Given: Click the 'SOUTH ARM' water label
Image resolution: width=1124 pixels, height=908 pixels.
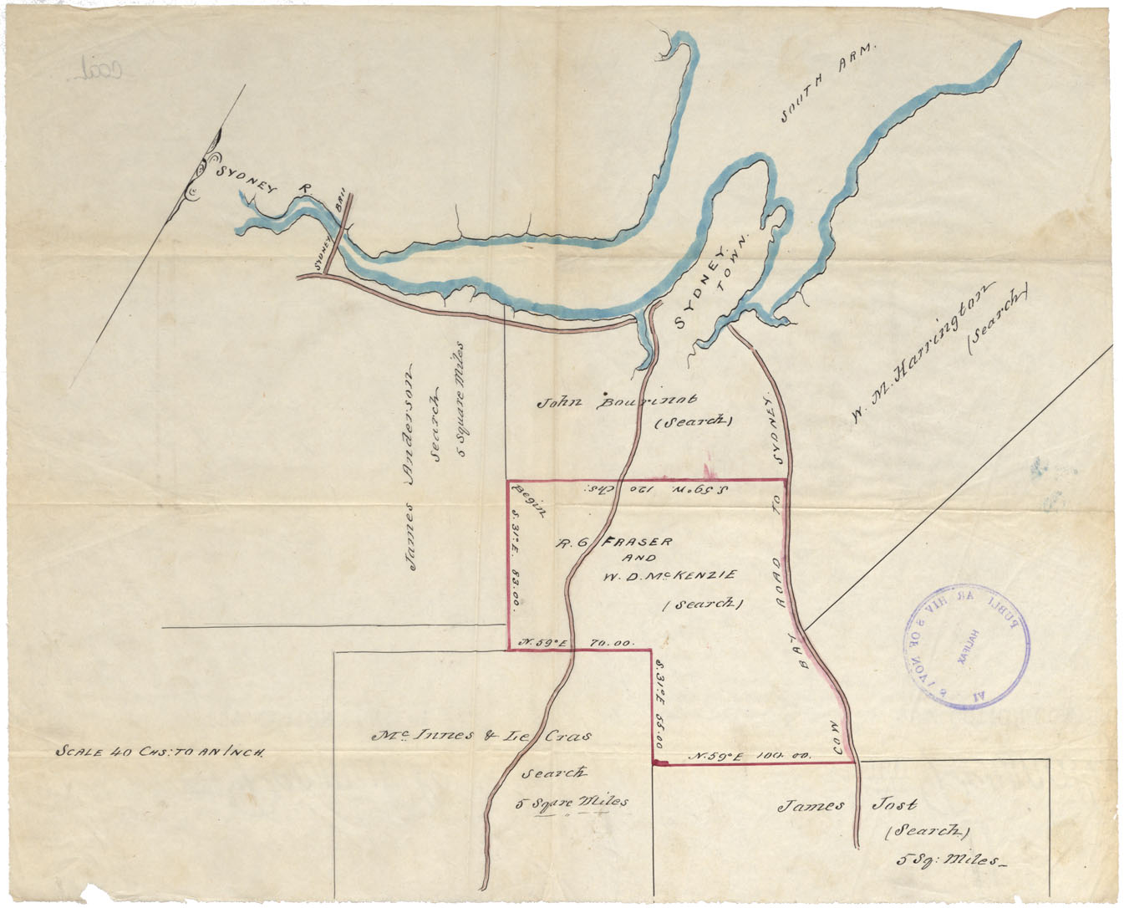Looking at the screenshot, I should point(826,84).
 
